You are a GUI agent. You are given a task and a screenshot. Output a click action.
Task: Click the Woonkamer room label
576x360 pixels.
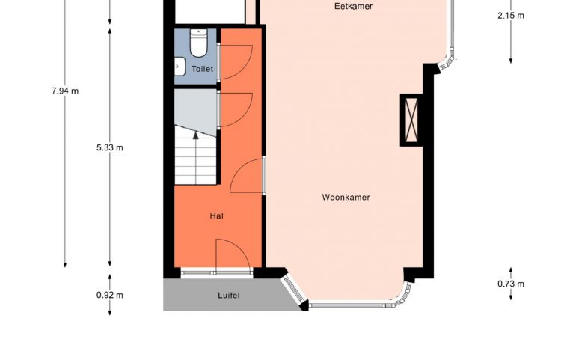coord(346,198)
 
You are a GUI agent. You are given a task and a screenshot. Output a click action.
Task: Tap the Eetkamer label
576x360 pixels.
coord(353,6)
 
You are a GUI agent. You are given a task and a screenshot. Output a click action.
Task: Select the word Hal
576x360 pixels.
coord(217,216)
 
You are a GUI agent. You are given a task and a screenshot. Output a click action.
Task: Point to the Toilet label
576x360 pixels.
coord(202,69)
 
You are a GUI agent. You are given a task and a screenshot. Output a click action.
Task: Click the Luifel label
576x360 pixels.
coord(228,296)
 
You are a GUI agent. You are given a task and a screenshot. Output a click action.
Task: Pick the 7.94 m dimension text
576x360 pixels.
coord(65,91)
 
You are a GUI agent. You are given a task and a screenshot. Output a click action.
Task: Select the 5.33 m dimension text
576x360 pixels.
coord(110,148)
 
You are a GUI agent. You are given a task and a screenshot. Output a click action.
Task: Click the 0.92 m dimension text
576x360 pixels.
coord(110,296)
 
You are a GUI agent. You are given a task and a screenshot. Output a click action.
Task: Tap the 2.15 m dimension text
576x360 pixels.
coord(511,16)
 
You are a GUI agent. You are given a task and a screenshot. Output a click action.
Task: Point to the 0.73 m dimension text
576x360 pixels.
coord(511,284)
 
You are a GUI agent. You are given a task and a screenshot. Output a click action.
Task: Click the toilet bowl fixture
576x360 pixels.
coord(199,43)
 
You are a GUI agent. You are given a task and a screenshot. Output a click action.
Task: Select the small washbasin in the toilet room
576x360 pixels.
coord(180,67)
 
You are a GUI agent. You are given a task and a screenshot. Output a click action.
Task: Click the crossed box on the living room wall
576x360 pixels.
coord(411,120)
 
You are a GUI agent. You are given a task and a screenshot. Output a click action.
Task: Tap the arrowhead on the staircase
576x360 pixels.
coord(196,135)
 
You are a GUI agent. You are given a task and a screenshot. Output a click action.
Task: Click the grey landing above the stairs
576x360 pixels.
coord(195,111)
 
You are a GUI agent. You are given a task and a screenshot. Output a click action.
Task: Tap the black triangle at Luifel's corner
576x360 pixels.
coord(304,306)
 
